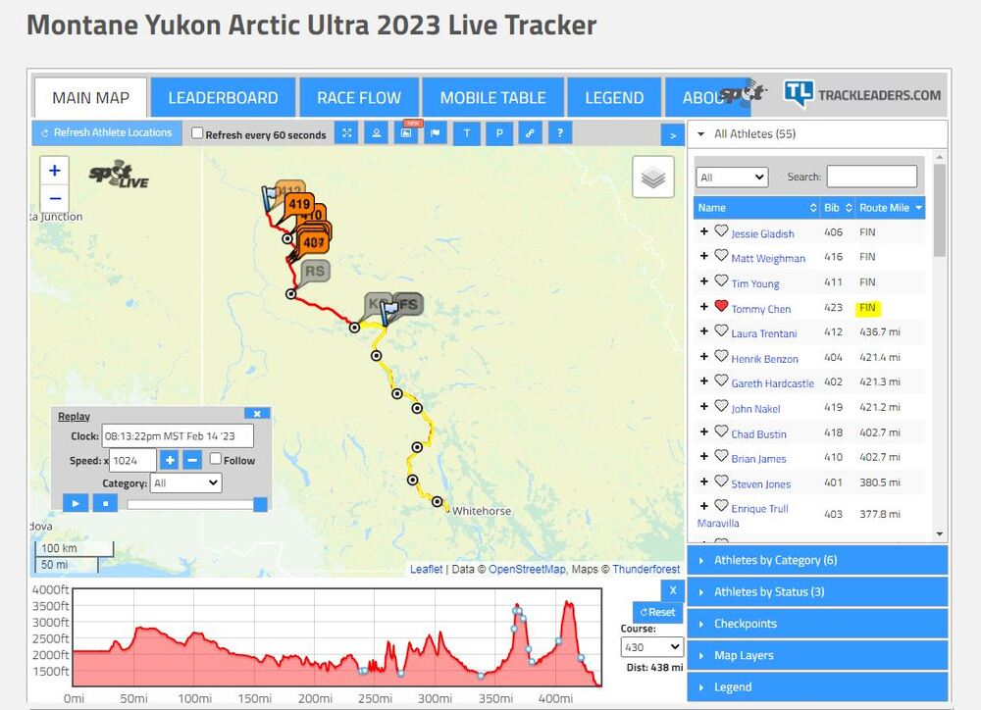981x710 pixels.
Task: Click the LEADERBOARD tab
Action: (223, 98)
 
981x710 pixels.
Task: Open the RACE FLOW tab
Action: (359, 98)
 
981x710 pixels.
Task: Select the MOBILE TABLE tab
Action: (492, 98)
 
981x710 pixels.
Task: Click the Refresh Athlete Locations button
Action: (107, 133)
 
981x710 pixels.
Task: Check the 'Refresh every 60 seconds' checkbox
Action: (197, 134)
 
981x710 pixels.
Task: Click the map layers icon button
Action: (653, 177)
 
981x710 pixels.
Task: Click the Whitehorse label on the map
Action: (483, 511)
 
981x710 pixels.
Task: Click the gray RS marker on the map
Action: (315, 272)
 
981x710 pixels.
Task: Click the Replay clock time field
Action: (178, 436)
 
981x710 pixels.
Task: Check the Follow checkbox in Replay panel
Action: (216, 459)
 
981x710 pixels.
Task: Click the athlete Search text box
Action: (871, 177)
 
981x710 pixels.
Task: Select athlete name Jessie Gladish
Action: (762, 233)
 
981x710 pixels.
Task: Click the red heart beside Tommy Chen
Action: (721, 307)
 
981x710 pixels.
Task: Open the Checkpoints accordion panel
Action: (818, 624)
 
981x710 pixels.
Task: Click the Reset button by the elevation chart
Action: (656, 612)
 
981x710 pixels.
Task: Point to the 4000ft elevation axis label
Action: (50, 590)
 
